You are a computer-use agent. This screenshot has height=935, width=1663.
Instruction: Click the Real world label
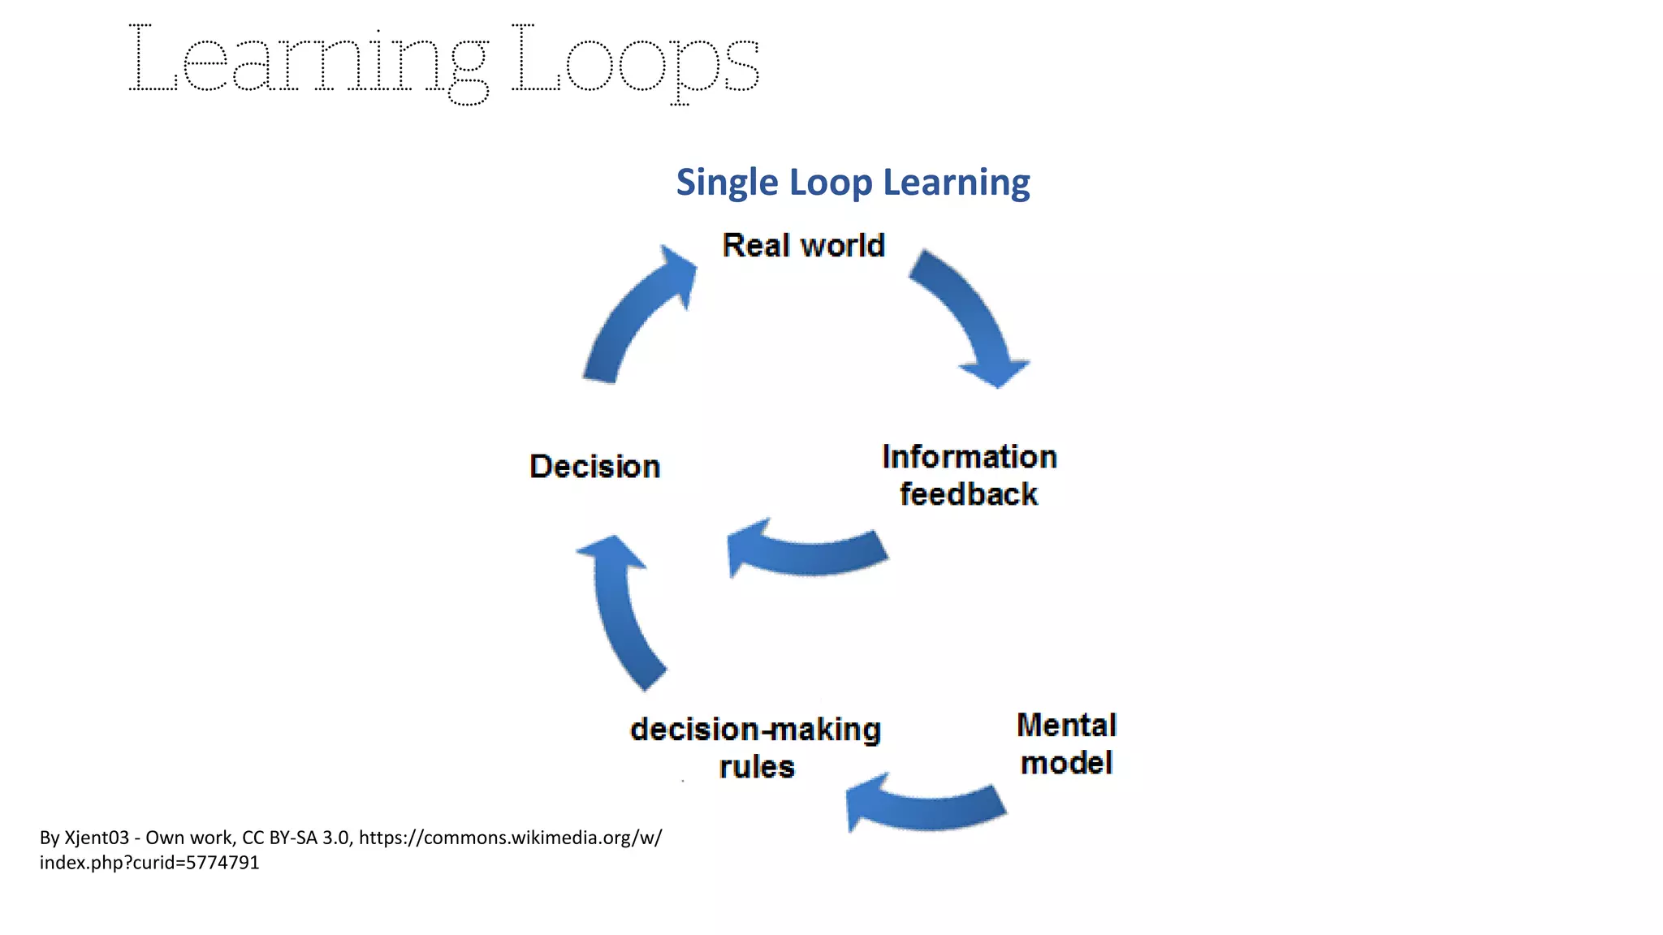(x=803, y=245)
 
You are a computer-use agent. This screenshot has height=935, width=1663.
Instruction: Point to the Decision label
(x=594, y=467)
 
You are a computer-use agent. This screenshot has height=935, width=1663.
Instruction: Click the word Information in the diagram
(x=970, y=457)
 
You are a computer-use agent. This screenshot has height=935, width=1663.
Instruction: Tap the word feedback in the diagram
(x=968, y=494)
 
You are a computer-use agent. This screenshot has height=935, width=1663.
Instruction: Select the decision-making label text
(x=755, y=730)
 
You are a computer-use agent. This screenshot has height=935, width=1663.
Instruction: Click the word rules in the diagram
(x=757, y=767)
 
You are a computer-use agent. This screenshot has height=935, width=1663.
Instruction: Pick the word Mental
(x=1066, y=725)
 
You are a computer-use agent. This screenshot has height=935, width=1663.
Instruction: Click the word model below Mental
(x=1066, y=763)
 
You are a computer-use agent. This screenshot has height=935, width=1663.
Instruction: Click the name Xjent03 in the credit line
(x=97, y=838)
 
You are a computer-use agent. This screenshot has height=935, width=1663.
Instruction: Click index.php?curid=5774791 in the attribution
(x=149, y=863)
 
